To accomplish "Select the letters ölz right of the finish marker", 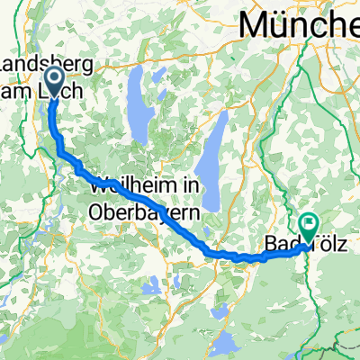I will point(327,243).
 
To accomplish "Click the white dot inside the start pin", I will point(53,78).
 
